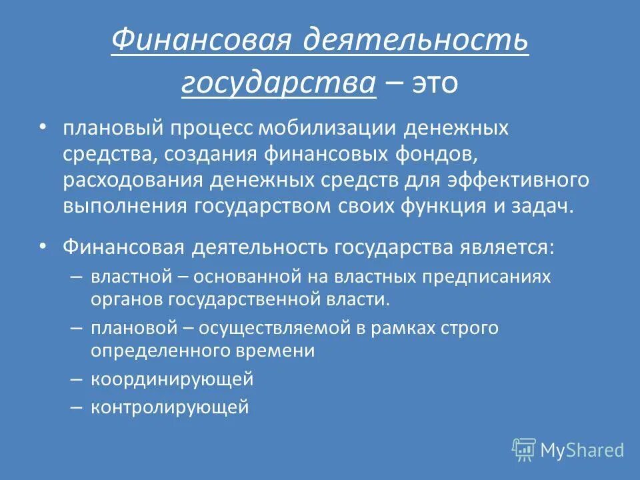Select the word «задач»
(x=544, y=205)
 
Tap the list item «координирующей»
(x=172, y=379)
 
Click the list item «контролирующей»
(x=169, y=407)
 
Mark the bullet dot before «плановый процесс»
(x=43, y=126)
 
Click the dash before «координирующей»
(x=75, y=379)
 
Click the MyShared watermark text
(x=582, y=450)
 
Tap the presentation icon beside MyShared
(x=524, y=450)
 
